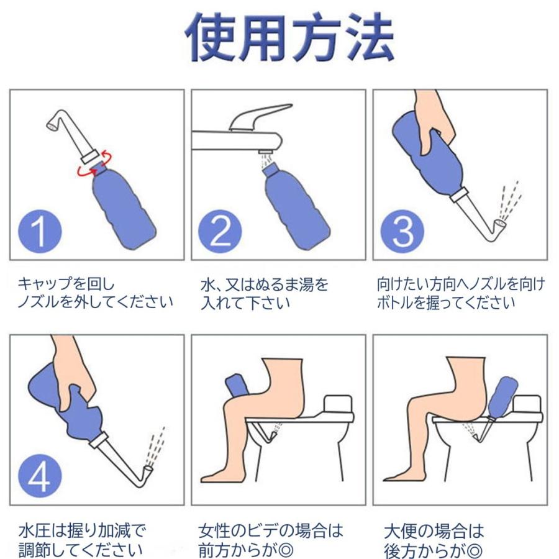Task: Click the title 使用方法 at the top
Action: click(x=289, y=37)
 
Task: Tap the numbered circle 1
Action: click(x=40, y=231)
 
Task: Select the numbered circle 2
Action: click(x=220, y=231)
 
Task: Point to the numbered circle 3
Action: click(x=402, y=231)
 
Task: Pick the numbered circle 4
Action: click(x=40, y=476)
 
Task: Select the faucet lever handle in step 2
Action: click(x=260, y=116)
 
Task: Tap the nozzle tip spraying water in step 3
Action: click(x=499, y=224)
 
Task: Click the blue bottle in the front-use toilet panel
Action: click(x=238, y=386)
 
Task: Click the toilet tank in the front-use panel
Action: click(x=338, y=404)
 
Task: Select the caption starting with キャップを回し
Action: click(x=95, y=293)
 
